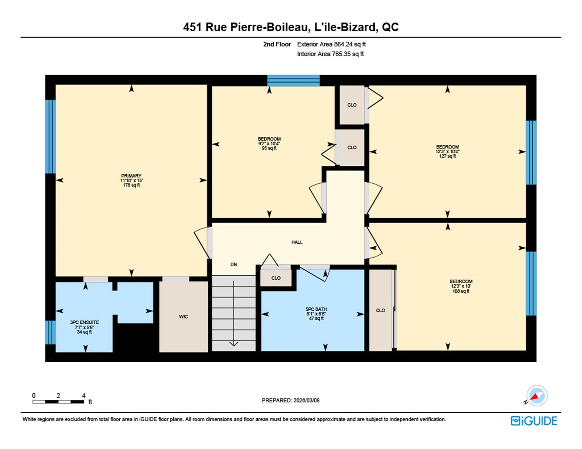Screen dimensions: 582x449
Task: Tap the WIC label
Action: (x=183, y=317)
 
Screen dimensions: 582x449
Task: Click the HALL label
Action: (x=297, y=242)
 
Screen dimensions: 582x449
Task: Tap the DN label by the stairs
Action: (x=234, y=264)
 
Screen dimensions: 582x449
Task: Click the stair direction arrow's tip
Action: (x=234, y=345)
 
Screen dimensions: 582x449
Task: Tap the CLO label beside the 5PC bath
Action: (x=276, y=278)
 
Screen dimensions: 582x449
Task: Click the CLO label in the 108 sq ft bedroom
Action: (x=380, y=310)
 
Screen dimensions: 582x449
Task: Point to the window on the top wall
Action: (x=293, y=81)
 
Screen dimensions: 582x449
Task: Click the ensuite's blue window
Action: (x=50, y=332)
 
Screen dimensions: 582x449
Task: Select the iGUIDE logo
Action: (x=534, y=421)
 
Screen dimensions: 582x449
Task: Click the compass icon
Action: (x=537, y=396)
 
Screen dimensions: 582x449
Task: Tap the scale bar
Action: (x=58, y=402)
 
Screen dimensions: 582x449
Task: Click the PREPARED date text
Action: (x=290, y=400)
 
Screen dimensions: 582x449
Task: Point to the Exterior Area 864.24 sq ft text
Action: (x=331, y=44)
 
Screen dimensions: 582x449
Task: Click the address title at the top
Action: (x=291, y=27)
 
